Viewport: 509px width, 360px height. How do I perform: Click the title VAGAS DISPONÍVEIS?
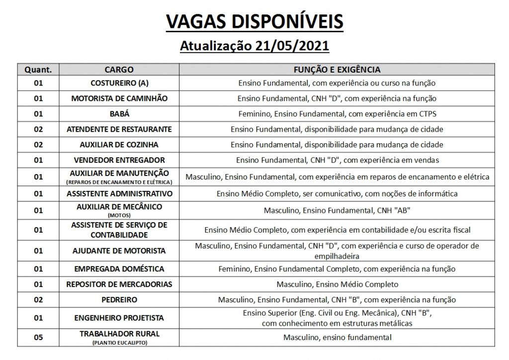pos(254,21)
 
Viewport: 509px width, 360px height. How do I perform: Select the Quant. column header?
pos(38,70)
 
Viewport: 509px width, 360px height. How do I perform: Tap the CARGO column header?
pos(119,70)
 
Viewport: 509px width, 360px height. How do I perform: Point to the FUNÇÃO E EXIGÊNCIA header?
pos(337,70)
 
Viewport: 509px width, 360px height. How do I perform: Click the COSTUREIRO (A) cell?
pos(119,83)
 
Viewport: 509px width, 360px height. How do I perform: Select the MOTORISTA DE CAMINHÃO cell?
pos(119,98)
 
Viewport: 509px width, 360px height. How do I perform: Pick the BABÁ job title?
pos(119,114)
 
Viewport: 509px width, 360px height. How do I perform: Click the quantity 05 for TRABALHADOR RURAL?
pos(38,338)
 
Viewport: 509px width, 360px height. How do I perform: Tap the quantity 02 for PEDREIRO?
pos(38,300)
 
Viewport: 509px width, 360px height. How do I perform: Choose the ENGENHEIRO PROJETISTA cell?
pos(119,318)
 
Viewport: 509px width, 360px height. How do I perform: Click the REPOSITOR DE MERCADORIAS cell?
pos(119,284)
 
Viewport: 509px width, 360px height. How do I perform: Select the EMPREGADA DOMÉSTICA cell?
pos(119,269)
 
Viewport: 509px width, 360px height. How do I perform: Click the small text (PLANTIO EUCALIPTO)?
pos(119,343)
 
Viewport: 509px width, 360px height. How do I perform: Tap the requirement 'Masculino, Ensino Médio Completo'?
pos(337,284)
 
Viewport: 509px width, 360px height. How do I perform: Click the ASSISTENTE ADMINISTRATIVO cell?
pos(119,193)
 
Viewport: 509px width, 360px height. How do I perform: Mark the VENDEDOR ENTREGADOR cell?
pos(119,160)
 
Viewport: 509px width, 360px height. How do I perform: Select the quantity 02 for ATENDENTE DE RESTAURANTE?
pos(38,129)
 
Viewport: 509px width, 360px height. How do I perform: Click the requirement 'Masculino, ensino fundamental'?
pos(337,338)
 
